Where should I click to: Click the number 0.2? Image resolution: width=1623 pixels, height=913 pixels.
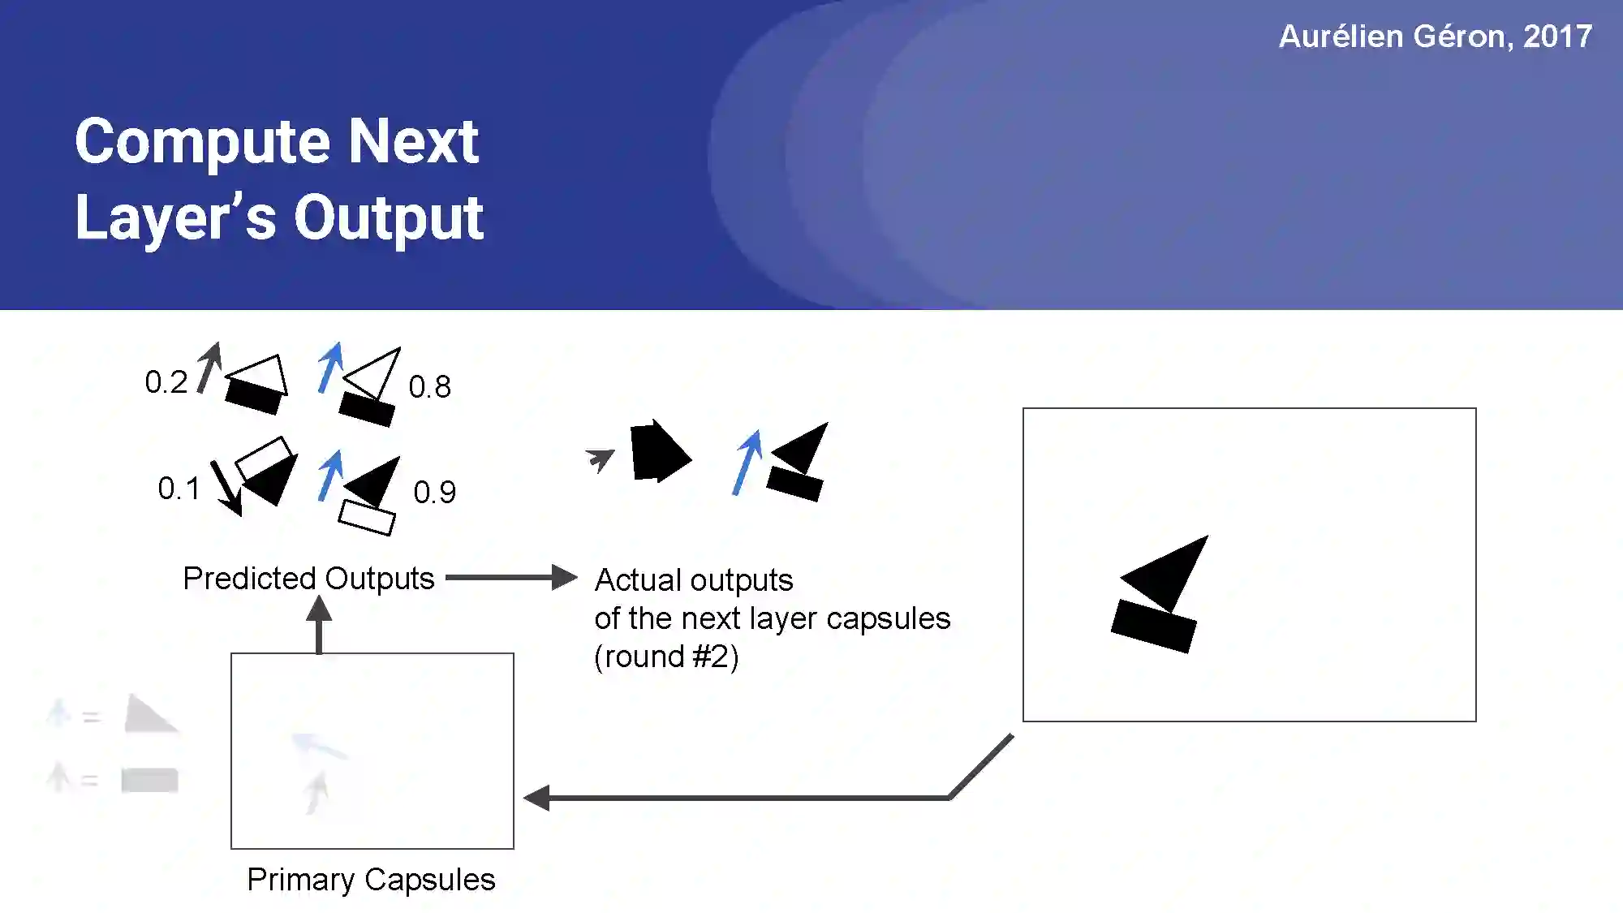point(166,382)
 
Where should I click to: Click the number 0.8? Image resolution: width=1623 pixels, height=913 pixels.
point(429,387)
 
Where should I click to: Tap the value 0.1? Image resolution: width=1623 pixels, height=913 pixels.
point(179,489)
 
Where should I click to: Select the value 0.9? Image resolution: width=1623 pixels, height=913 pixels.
point(434,493)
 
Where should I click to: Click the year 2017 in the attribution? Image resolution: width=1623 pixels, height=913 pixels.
point(1557,37)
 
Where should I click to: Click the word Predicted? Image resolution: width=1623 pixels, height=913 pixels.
point(249,579)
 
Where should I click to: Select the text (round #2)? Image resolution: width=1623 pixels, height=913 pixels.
point(666,657)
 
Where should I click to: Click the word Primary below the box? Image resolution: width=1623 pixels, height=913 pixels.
point(300,880)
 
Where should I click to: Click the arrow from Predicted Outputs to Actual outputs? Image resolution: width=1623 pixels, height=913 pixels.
point(511,578)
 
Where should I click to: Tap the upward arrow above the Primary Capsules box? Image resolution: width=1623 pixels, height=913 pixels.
point(319,625)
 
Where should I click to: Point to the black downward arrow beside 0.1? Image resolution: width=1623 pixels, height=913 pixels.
point(226,487)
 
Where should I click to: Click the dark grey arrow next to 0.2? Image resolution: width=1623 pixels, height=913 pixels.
point(209,367)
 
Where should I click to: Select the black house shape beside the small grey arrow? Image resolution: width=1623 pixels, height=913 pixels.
point(658,452)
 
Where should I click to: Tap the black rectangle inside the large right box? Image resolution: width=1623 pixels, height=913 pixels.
point(1153,625)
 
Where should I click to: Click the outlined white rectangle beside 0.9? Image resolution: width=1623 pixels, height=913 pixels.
point(367,517)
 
